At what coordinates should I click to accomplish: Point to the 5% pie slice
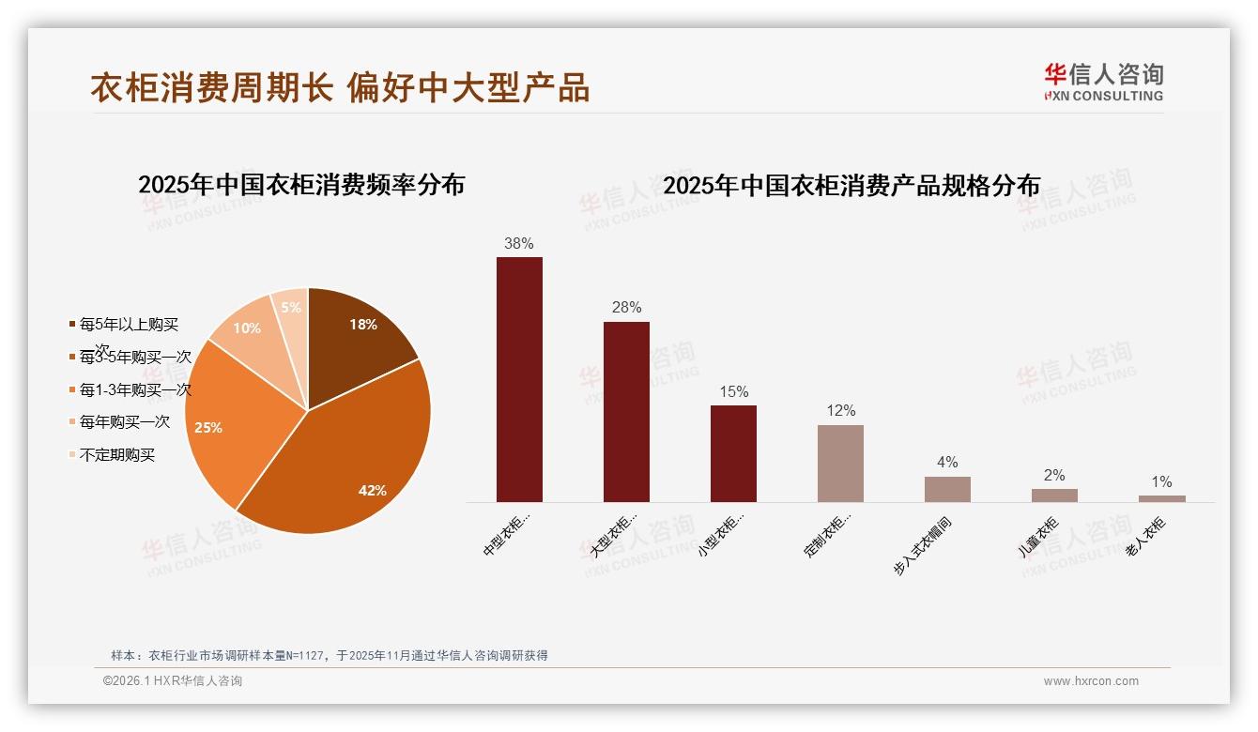[291, 307]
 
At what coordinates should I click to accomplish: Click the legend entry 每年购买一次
[125, 422]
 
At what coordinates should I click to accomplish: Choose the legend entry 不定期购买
[117, 455]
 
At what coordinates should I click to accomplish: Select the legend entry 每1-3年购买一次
[135, 389]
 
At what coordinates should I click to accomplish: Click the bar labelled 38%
[519, 379]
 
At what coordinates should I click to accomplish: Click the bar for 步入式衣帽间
[947, 489]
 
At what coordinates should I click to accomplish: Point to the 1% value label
[1161, 482]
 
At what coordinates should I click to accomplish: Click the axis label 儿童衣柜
[1038, 538]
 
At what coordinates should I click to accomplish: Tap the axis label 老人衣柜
[1145, 538]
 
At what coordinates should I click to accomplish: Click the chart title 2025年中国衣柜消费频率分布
[301, 184]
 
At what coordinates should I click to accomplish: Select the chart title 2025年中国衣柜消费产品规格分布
[851, 186]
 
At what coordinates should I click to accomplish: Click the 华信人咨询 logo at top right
[1103, 82]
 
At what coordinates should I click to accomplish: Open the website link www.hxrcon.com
[1091, 681]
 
